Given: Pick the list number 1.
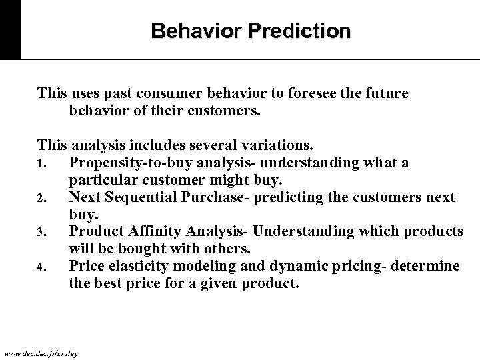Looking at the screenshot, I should (41, 164).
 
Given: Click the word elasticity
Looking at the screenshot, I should (134, 267).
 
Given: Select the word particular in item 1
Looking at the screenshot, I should (97, 180).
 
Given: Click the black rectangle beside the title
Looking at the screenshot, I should (10, 30).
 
